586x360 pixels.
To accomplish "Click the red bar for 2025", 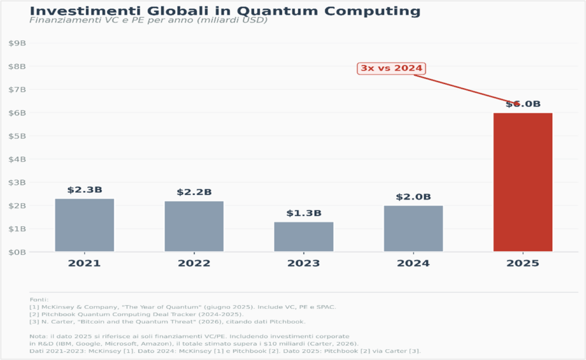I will [x=522, y=182].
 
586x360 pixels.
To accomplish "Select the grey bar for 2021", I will [x=84, y=225].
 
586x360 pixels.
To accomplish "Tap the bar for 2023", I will [x=303, y=236].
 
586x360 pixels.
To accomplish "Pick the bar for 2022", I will [x=194, y=226].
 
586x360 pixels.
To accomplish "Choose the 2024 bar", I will [x=413, y=228].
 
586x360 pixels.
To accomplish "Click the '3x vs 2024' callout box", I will [x=391, y=68].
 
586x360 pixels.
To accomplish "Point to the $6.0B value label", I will [x=522, y=104].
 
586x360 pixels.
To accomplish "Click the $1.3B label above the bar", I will [x=303, y=213].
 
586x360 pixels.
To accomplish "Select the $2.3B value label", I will [x=84, y=190].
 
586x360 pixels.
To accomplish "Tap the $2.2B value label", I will [x=194, y=192].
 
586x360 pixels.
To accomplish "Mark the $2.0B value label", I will [x=413, y=197].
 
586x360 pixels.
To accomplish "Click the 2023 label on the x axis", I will [x=303, y=264].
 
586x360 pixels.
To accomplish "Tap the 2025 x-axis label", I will [x=522, y=264].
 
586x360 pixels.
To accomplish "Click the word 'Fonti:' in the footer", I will [x=39, y=299].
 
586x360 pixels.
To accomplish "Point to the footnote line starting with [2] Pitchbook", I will [x=137, y=314].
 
